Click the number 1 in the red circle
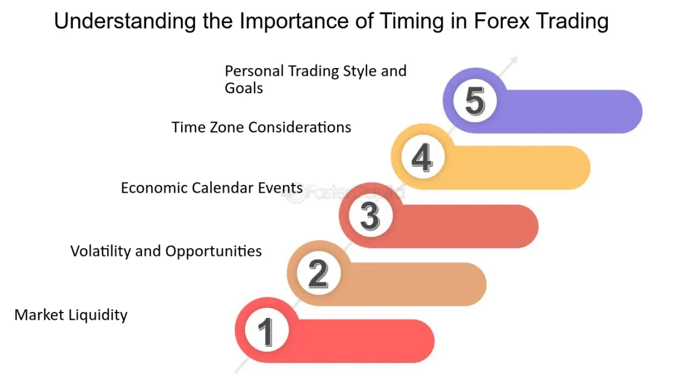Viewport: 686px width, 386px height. pos(267,331)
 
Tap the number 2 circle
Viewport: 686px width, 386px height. pos(318,273)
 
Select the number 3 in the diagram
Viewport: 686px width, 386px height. pos(370,216)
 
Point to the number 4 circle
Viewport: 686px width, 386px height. pos(422,157)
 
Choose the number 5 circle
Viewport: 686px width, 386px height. pos(475,101)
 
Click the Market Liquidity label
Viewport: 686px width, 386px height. pos(71,315)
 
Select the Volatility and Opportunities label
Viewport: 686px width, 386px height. pos(166,251)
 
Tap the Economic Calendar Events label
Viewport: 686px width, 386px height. pos(212,188)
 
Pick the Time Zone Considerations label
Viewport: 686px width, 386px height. pos(261,127)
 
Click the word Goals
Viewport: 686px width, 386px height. pos(244,88)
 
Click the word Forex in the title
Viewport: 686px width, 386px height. pos(502,21)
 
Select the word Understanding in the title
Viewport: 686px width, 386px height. pos(126,22)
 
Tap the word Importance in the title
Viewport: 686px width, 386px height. pos(295,22)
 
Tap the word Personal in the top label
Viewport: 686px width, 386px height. pos(255,71)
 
